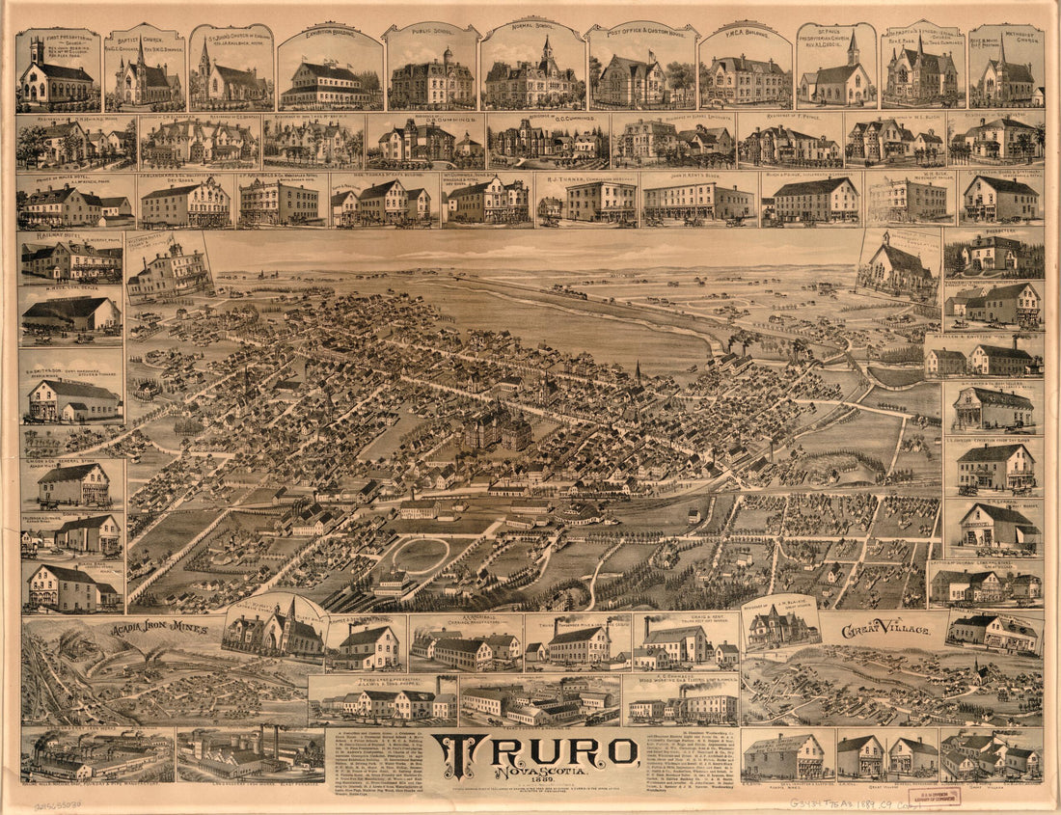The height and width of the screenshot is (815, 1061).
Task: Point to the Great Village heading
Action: coord(885,630)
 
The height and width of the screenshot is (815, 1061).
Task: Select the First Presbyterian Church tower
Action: coord(37,50)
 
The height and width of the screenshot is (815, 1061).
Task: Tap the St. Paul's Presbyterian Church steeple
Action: coord(853,45)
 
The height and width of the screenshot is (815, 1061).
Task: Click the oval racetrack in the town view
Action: coord(421,556)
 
